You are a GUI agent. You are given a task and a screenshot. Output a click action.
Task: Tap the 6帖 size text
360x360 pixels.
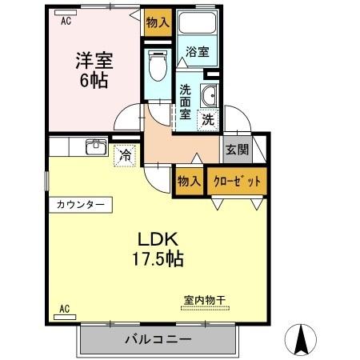coord(94,80)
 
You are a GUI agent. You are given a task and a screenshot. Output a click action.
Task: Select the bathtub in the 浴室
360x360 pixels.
coord(198,28)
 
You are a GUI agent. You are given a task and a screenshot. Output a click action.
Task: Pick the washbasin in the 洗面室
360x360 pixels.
coord(210,94)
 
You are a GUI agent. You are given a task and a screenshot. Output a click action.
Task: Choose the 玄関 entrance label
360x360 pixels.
coord(236,150)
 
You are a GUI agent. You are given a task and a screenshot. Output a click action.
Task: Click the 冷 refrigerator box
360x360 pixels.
coord(125,154)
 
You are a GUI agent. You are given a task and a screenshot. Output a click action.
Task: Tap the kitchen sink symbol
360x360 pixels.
coord(97,146)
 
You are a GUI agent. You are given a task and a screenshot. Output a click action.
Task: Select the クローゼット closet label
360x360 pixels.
coord(237,181)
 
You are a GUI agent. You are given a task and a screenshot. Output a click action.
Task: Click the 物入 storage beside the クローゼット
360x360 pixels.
coord(190,181)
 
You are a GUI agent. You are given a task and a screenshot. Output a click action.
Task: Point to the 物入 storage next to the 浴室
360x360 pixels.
coord(158,24)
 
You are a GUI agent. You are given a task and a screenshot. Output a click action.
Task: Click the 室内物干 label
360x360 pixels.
coord(205,300)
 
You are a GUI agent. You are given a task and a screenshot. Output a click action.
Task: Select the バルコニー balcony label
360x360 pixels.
coord(158,341)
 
